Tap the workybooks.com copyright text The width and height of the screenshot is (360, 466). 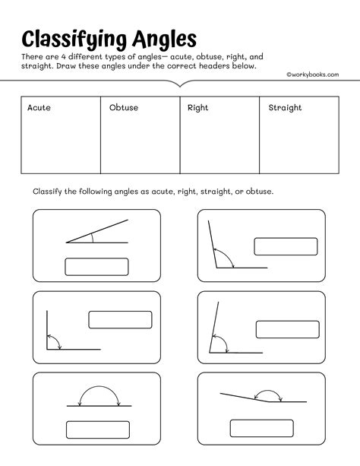312,74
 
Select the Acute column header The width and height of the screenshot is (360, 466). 39,108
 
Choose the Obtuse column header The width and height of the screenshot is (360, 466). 124,108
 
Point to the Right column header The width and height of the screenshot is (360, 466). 198,108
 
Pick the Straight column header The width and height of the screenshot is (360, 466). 285,108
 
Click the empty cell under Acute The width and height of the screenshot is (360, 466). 60,144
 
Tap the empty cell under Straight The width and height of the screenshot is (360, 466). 300,144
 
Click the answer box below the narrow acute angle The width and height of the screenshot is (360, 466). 96,267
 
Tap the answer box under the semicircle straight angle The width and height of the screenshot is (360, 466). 96,429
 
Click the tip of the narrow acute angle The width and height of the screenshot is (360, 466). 67,243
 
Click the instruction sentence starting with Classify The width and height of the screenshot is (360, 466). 152,192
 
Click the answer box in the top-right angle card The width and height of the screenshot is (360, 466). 285,247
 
